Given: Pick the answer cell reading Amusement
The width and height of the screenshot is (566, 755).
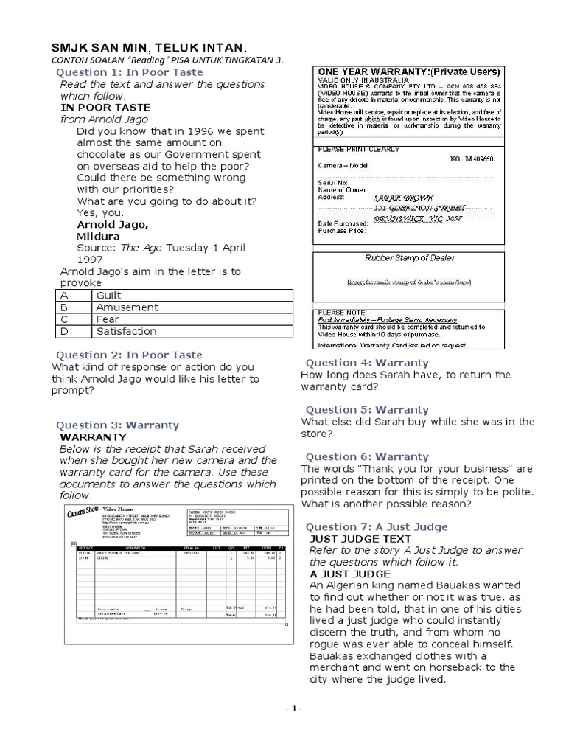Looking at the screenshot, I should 127,307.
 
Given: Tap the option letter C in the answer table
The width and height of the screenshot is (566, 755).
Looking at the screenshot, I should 64,319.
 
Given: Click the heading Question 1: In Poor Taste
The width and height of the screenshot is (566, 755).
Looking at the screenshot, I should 130,72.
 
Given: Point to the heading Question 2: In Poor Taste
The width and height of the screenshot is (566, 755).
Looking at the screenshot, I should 129,355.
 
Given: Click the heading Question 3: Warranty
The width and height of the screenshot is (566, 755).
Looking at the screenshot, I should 117,425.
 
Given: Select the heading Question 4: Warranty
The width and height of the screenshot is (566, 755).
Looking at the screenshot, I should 366,363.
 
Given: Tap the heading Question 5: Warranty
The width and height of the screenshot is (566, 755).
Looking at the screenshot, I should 366,410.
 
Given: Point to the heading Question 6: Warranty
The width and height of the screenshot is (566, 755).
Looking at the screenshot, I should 366,457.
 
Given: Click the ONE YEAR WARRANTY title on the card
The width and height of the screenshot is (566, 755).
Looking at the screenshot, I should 409,72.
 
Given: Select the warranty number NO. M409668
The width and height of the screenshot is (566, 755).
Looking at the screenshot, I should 472,159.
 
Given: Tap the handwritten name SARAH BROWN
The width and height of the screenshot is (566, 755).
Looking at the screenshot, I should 405,198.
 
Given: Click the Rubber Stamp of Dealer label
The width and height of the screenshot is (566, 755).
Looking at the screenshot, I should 410,258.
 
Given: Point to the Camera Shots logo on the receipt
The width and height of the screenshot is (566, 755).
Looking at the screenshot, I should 83,513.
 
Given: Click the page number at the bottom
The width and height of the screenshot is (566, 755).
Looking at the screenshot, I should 293,709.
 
